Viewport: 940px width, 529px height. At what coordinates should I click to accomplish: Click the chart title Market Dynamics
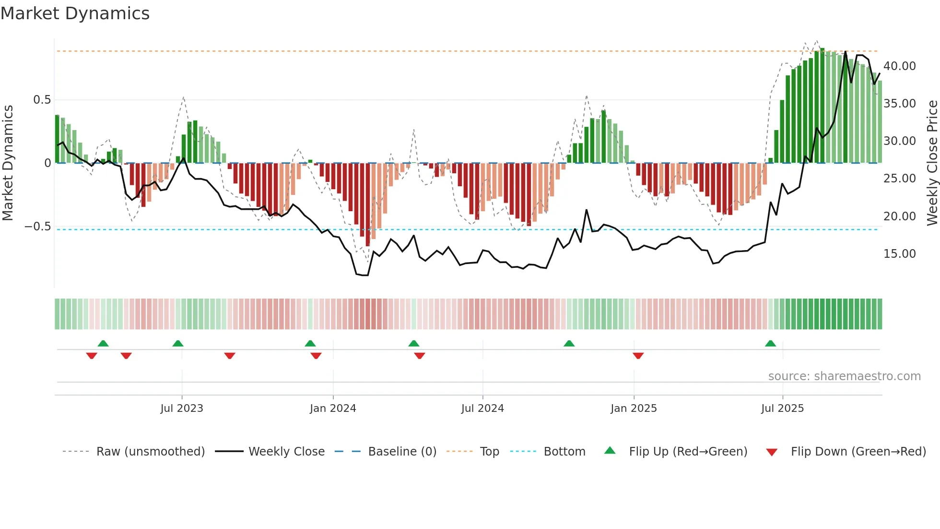point(75,13)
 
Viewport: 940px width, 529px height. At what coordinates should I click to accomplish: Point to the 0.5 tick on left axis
point(42,100)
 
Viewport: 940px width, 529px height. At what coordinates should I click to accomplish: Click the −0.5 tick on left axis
point(38,227)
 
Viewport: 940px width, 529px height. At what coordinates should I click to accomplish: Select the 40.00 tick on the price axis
point(899,66)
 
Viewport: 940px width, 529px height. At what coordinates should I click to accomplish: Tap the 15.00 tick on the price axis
point(899,254)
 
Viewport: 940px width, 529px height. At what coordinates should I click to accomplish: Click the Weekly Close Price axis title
point(932,163)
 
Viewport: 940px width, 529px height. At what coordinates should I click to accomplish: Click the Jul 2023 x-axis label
point(182,409)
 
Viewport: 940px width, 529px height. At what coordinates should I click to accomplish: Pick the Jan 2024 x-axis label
point(333,409)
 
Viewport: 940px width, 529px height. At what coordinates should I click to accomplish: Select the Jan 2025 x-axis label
point(634,409)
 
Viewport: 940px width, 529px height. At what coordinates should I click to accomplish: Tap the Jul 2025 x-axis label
point(782,409)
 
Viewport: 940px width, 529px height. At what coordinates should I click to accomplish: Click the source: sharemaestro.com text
point(844,376)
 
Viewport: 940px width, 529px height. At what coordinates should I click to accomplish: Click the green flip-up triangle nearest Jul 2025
point(770,344)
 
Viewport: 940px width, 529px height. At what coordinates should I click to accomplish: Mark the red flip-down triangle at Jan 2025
point(638,356)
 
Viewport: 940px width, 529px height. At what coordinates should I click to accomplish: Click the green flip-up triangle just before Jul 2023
point(177,344)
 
